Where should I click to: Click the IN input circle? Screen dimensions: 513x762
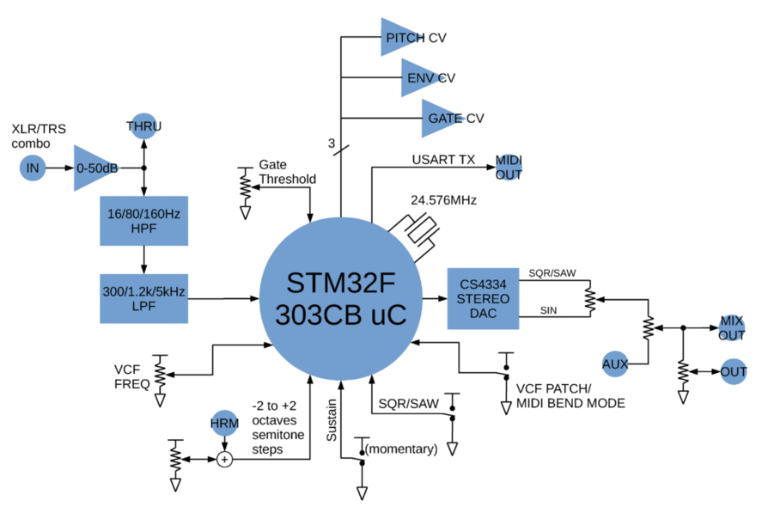[33, 168]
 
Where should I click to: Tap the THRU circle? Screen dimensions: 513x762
[143, 126]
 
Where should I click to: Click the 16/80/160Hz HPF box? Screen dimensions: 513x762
[143, 219]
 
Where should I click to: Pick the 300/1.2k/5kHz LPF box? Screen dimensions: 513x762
[143, 298]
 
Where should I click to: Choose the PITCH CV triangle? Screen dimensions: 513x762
[404, 38]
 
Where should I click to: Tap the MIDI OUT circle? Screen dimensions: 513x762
[507, 167]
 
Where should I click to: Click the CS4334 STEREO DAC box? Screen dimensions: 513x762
[484, 298]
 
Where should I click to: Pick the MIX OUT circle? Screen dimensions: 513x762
[733, 327]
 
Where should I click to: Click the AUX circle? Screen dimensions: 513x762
[615, 363]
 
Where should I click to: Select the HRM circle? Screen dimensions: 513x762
[224, 424]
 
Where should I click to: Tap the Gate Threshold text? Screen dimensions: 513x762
[287, 172]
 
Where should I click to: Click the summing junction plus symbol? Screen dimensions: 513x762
[224, 460]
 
